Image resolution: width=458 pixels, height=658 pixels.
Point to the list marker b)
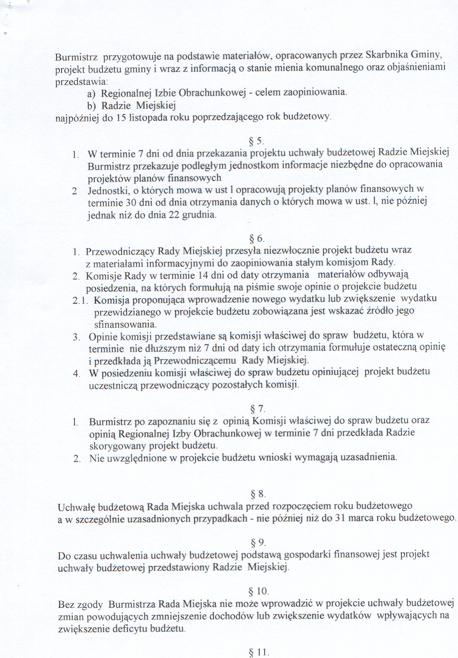(x=91, y=106)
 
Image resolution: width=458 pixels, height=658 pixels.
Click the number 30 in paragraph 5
(x=131, y=203)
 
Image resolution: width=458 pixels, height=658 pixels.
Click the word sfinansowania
(x=119, y=324)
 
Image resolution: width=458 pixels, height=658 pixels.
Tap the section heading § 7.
(x=257, y=409)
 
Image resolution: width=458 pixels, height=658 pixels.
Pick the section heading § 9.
(x=258, y=543)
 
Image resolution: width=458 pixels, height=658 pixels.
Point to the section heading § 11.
(x=259, y=652)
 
